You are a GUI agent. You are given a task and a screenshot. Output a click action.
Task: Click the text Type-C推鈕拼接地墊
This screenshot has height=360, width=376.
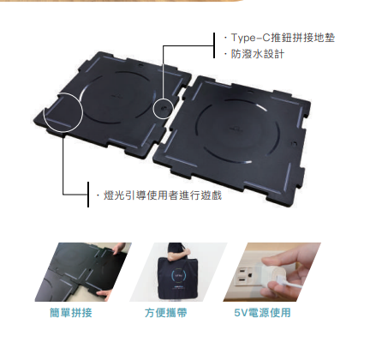tap(283, 38)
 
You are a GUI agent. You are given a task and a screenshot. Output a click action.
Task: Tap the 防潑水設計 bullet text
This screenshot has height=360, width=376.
tap(258, 54)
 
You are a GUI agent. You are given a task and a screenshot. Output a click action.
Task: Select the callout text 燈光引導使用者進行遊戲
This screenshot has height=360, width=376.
tap(163, 195)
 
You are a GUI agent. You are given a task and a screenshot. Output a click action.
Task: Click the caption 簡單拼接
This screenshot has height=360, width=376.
tap(71, 313)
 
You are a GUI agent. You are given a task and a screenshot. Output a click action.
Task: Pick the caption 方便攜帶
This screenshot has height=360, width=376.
tap(166, 313)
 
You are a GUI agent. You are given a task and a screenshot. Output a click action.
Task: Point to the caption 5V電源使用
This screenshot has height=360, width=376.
tap(262, 313)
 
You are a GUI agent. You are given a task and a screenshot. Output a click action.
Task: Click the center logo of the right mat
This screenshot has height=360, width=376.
tap(237, 129)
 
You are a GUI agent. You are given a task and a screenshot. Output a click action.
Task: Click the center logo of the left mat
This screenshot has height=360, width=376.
tap(117, 95)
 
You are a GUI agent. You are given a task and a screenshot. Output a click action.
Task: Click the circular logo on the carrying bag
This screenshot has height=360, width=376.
tap(178, 275)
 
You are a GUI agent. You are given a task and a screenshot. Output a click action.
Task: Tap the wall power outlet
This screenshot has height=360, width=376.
tap(246, 276)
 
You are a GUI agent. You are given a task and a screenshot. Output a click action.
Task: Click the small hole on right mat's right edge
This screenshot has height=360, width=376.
tap(294, 143)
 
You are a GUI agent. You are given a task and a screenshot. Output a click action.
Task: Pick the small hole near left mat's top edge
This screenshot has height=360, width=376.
tap(140, 65)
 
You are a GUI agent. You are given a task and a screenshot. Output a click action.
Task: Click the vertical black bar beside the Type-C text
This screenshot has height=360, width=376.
tap(214, 45)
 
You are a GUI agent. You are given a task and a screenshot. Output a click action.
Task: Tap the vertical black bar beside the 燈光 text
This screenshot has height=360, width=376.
tap(88, 195)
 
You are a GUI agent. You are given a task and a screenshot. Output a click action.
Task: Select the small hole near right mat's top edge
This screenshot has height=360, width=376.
tap(250, 92)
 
